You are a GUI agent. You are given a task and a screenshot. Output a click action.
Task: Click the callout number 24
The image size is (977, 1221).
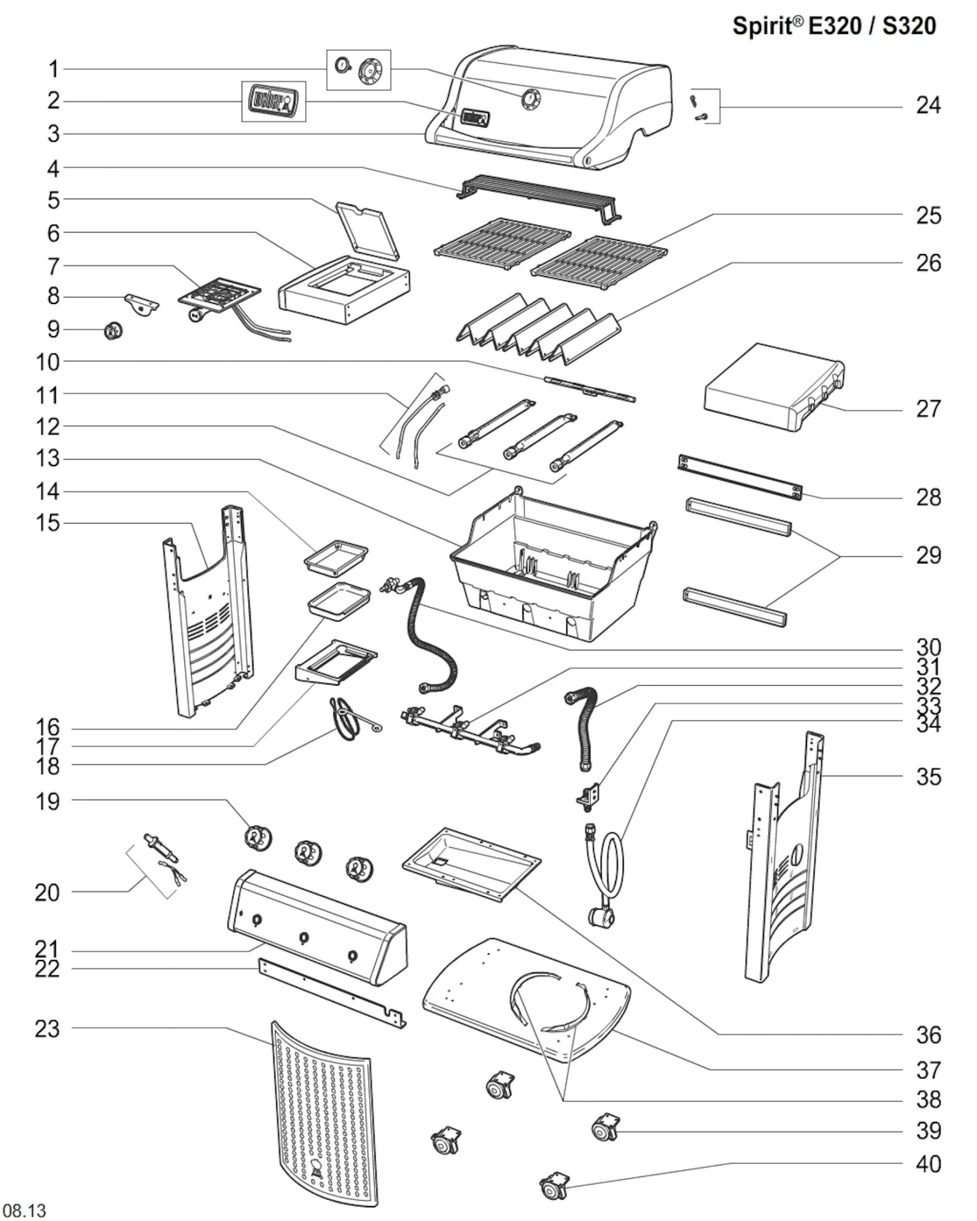[927, 105]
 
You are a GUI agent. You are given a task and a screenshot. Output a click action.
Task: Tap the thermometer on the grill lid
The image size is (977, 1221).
[531, 99]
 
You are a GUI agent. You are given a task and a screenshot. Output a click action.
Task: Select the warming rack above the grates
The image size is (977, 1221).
[539, 196]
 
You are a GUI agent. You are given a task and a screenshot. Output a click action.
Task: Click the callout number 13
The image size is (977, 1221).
[48, 458]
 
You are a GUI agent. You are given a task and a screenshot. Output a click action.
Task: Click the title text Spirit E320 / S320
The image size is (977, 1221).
[834, 26]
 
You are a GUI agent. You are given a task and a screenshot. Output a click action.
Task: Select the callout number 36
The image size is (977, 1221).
[928, 1035]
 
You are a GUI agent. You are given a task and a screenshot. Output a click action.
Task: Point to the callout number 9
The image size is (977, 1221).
[53, 330]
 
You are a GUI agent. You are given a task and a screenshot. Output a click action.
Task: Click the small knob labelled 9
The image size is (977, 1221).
[114, 331]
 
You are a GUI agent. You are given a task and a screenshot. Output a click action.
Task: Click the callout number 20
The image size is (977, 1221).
[48, 893]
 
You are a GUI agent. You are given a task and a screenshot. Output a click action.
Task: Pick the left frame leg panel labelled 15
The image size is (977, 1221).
[207, 612]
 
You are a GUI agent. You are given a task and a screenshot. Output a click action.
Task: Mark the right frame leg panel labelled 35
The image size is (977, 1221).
[785, 860]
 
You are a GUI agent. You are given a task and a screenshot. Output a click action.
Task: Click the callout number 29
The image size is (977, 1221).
[928, 555]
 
